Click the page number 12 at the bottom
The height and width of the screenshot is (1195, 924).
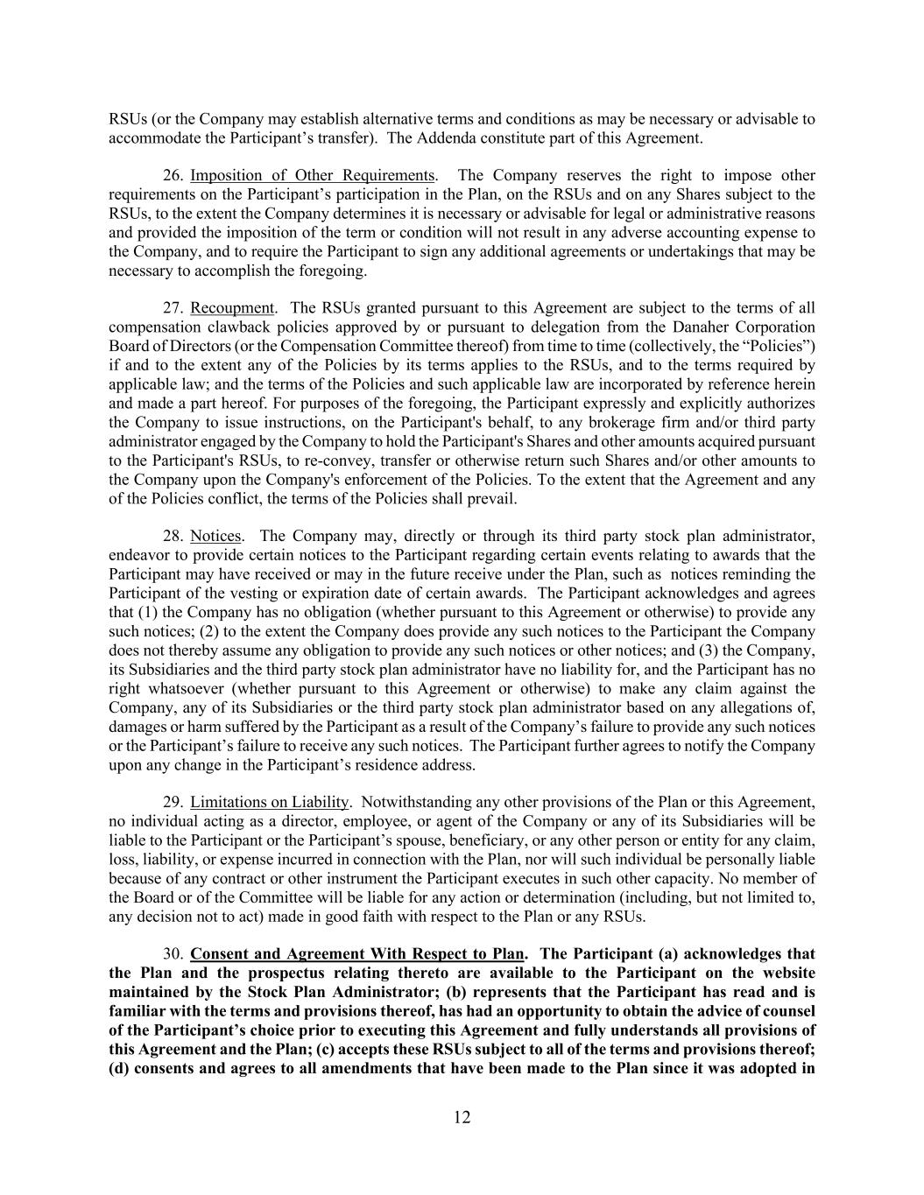point(462,1117)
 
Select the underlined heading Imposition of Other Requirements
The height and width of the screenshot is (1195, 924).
point(313,176)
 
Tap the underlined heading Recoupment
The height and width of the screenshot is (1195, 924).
point(231,308)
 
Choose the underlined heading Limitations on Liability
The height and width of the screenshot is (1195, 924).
point(270,802)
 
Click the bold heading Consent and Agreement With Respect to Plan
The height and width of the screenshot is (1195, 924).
point(357,954)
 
